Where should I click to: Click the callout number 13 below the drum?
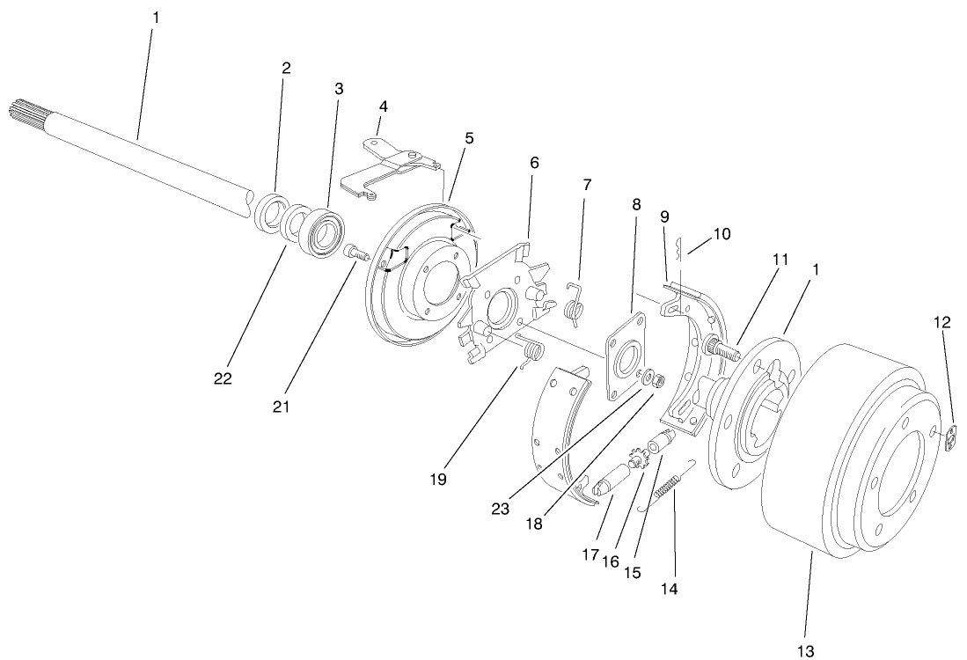point(807,650)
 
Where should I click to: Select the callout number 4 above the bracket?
point(383,106)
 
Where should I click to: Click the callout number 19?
point(438,480)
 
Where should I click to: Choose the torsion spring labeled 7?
point(576,301)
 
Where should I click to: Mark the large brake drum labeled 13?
point(845,449)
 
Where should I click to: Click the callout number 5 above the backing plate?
point(470,138)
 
